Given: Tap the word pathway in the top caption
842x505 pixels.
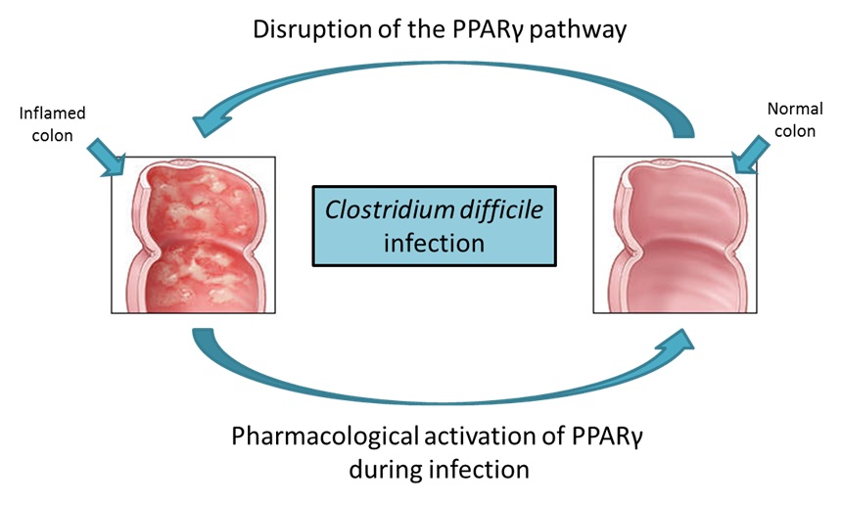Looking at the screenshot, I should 579,29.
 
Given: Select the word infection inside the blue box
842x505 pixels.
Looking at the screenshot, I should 434,241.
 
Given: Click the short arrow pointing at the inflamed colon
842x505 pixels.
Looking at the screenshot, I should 107,155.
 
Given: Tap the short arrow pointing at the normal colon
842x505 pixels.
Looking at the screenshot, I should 746,154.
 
